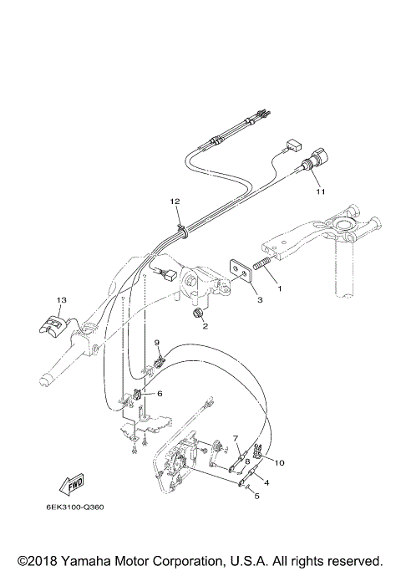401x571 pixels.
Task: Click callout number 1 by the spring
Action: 279,288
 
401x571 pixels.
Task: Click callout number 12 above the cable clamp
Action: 175,201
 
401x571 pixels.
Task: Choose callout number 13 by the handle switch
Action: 60,299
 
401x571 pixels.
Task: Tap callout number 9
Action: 156,343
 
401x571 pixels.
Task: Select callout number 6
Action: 159,393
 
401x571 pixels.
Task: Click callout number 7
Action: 236,439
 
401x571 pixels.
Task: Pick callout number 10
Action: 280,462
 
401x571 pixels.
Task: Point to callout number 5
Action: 257,496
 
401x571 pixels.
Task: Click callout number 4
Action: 266,482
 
